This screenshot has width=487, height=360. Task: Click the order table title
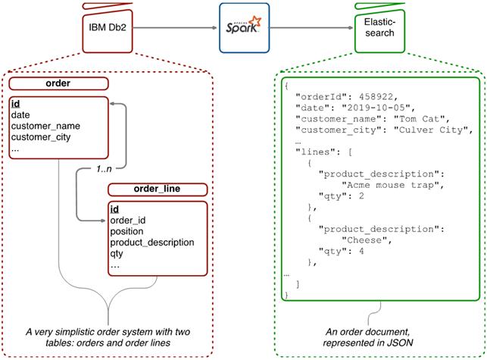tap(60, 84)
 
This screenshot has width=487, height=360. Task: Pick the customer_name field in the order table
tap(45, 126)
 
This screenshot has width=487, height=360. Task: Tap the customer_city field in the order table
tap(44, 137)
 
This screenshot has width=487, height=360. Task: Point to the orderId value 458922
tap(373, 96)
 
